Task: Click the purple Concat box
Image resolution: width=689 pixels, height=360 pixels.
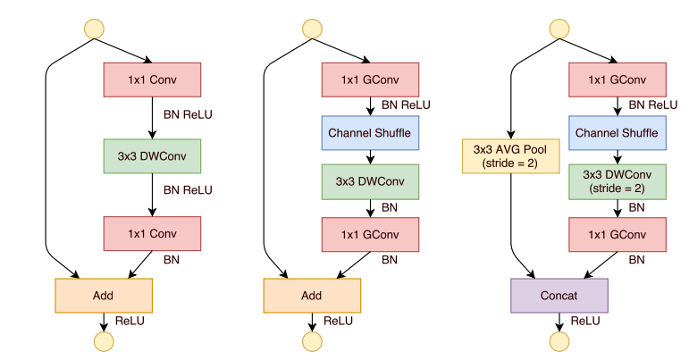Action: tap(559, 295)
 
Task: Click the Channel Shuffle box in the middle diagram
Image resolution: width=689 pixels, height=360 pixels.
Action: tap(369, 133)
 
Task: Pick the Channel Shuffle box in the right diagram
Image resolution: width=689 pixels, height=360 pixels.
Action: tap(617, 133)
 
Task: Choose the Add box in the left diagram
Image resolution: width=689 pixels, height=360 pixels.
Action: tap(104, 295)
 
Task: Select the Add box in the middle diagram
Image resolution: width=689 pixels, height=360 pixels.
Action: tap(312, 295)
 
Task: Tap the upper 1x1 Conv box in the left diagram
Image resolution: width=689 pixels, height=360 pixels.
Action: tap(152, 80)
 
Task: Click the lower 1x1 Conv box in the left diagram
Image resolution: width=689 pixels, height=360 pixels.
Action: tap(152, 234)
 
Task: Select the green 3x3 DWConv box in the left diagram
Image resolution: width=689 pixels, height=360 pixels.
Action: tap(152, 156)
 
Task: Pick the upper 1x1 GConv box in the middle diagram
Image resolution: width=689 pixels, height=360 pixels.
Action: tap(369, 80)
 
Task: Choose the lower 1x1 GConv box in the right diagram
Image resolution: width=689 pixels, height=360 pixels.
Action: tap(617, 234)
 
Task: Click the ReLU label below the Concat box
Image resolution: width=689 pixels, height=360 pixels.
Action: tap(585, 321)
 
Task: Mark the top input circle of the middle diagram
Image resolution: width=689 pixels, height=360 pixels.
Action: tap(312, 29)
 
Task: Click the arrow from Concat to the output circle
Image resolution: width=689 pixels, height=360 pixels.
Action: tap(559, 321)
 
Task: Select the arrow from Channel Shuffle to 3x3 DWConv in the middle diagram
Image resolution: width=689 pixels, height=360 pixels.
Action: tap(369, 156)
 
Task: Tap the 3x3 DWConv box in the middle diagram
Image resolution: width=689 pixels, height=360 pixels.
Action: tap(369, 182)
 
